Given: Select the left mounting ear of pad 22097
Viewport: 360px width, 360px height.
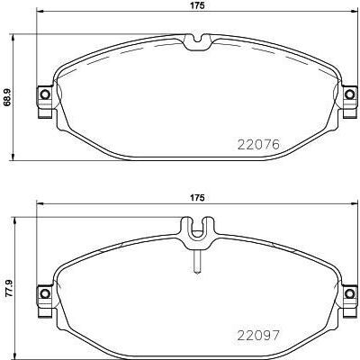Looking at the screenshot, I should pos(42,293).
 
